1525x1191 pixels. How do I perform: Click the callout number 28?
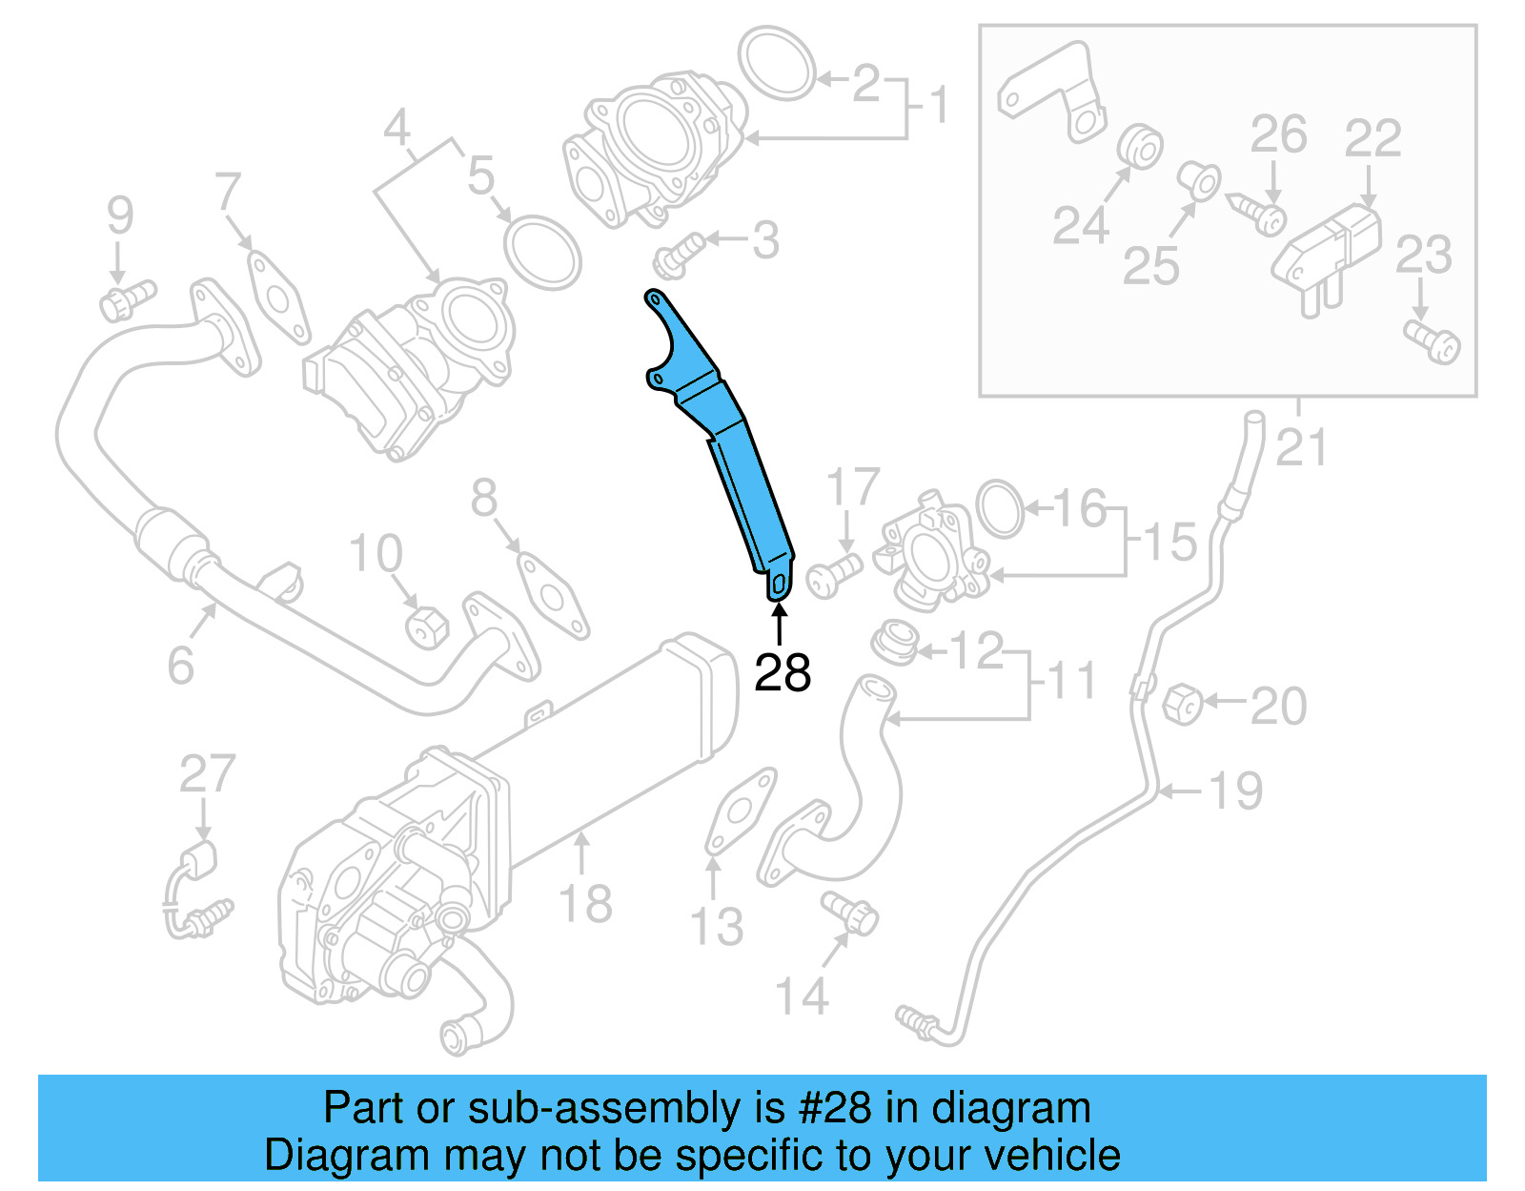(782, 672)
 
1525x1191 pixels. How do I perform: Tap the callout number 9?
(120, 216)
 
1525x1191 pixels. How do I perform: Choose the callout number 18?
(585, 902)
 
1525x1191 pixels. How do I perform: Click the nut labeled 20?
(1183, 704)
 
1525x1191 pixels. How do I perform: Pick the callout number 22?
(1372, 138)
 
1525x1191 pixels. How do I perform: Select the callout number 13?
(716, 926)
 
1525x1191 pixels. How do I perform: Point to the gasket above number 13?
(740, 811)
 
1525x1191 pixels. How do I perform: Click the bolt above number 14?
(850, 912)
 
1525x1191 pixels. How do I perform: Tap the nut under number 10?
(426, 626)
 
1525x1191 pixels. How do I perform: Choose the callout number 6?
(180, 664)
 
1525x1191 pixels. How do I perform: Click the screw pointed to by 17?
(832, 575)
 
